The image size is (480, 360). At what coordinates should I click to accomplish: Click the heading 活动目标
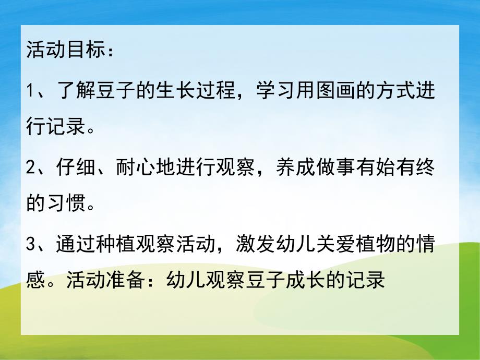(66, 53)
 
